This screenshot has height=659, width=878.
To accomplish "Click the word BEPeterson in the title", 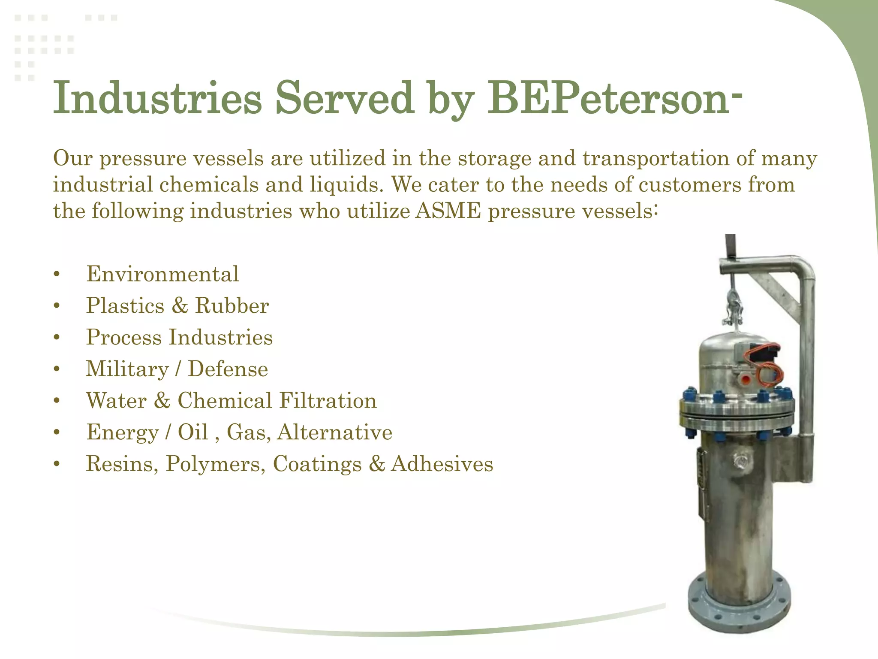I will coord(609,99).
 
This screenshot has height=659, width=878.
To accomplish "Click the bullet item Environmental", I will coord(162,274).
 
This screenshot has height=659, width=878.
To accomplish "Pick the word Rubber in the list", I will coord(232,306).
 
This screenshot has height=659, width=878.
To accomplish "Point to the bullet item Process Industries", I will coord(179,337).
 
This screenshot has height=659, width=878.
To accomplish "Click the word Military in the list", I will coord(127,369).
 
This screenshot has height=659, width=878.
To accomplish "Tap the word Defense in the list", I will coord(228,369).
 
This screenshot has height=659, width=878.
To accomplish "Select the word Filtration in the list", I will coord(328,401).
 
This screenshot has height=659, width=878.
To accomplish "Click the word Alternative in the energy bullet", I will coord(335,432).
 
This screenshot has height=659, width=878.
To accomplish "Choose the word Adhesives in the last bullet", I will coord(442,464).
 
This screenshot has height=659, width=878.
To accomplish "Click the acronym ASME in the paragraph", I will coord(448,211).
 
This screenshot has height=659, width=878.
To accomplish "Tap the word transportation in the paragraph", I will coord(655,158).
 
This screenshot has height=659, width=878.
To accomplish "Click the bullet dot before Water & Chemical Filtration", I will coord(57,401).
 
